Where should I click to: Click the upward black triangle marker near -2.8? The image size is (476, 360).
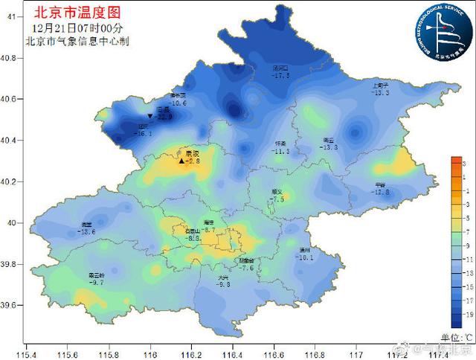(x=181, y=160)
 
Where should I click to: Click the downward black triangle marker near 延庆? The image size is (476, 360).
(x=150, y=117)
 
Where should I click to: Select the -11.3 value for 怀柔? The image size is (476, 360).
(x=280, y=151)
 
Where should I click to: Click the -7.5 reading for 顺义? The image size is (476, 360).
(x=277, y=199)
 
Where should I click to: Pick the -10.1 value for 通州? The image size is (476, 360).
(x=305, y=257)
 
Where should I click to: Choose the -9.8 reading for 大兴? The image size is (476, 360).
(x=224, y=284)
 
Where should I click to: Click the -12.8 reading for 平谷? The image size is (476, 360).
(x=381, y=192)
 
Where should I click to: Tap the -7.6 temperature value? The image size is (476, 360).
(x=247, y=268)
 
